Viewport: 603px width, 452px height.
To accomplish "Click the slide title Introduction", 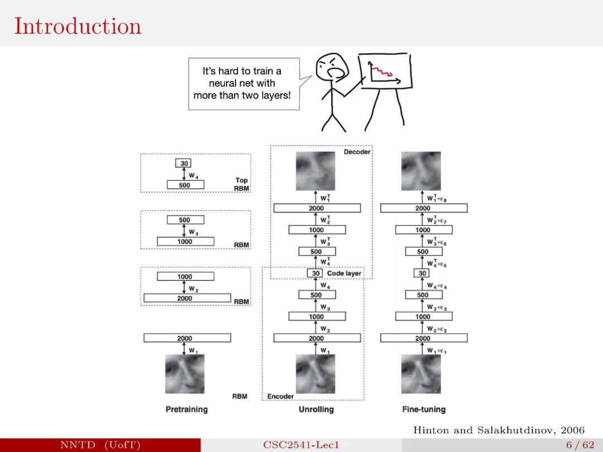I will click(x=78, y=26).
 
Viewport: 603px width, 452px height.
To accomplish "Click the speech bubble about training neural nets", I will click(x=242, y=83).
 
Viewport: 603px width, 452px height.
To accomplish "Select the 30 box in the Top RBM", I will click(x=184, y=163).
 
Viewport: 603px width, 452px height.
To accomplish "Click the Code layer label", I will click(x=344, y=273).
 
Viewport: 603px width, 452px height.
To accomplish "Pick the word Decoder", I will click(x=357, y=152).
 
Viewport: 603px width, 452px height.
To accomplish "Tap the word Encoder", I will click(x=280, y=396).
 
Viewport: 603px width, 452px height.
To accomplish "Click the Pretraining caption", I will click(x=186, y=410).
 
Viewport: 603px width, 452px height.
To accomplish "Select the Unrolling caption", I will click(x=316, y=410).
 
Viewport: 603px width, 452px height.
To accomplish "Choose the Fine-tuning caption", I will click(x=424, y=410).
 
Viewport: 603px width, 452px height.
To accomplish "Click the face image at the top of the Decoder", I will click(x=315, y=171).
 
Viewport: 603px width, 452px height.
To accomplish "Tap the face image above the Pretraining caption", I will click(x=185, y=374).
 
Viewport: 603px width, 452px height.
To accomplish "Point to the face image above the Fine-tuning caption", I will click(x=421, y=374).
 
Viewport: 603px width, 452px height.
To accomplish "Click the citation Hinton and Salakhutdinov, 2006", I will click(x=499, y=430).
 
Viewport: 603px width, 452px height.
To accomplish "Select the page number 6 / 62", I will click(x=580, y=445).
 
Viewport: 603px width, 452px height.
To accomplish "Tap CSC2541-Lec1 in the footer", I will click(x=301, y=445).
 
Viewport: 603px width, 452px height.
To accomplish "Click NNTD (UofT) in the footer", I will click(x=100, y=445).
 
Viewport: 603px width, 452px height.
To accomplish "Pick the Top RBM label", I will click(x=241, y=184).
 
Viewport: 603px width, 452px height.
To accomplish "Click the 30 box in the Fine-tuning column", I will click(x=423, y=273).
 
